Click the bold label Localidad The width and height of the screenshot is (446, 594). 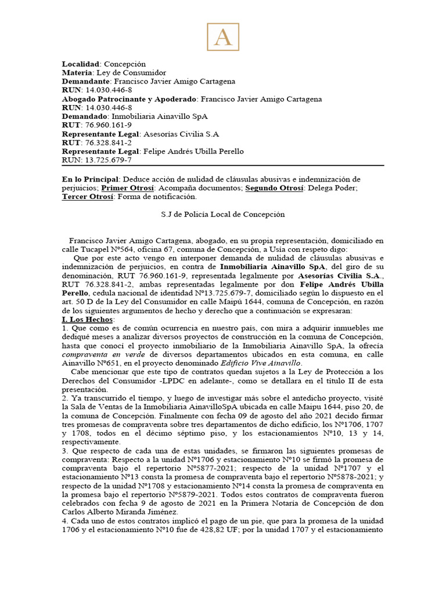pyautogui.click(x=81, y=64)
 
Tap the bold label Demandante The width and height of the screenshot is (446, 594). pyautogui.click(x=85, y=81)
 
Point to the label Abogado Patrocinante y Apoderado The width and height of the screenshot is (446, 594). pyautogui.click(x=130, y=99)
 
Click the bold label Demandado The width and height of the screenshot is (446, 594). pyautogui.click(x=84, y=117)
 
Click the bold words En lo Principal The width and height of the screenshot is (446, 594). pyautogui.click(x=91, y=179)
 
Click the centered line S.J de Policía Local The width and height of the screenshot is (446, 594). pyautogui.click(x=222, y=214)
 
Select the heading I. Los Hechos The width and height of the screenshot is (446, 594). pyautogui.click(x=88, y=320)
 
